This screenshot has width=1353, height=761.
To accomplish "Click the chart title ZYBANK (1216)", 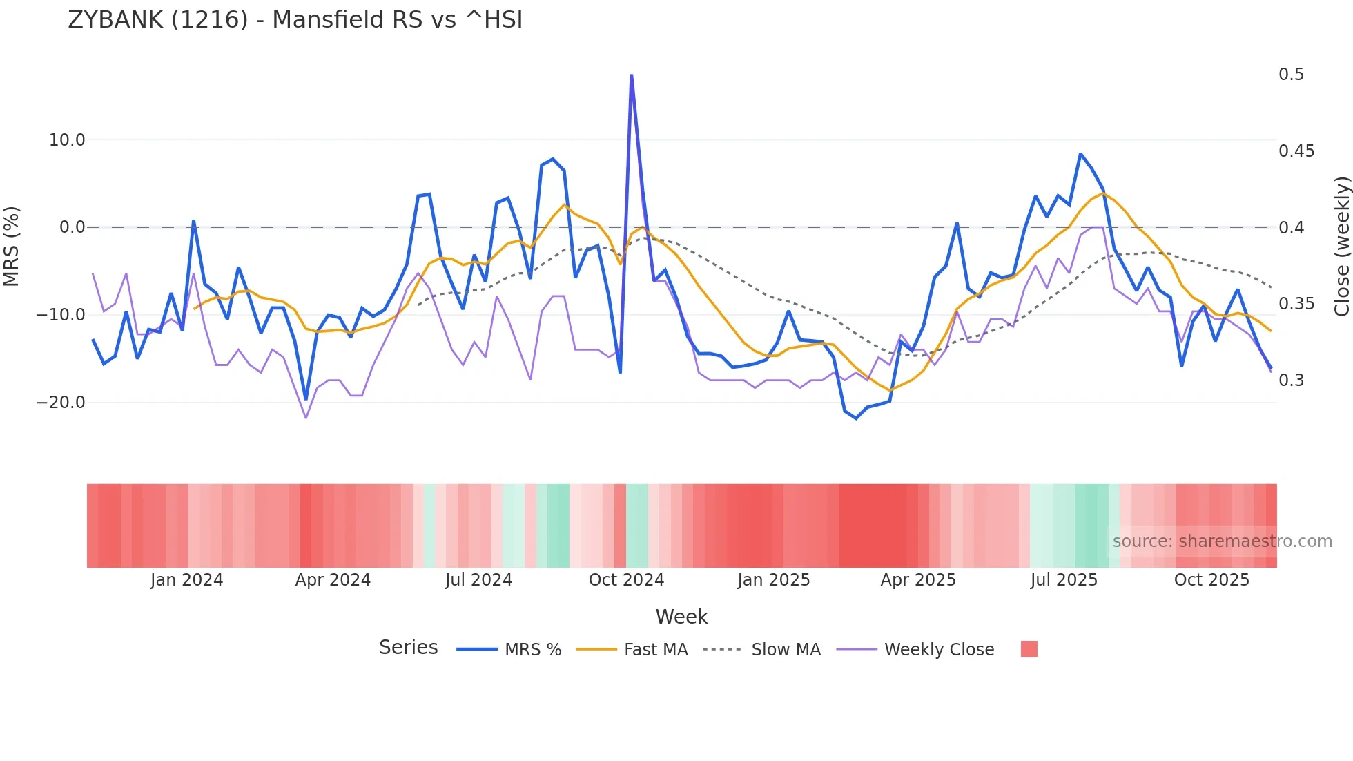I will click(295, 20).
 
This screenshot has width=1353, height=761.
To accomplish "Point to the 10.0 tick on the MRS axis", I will click(67, 140).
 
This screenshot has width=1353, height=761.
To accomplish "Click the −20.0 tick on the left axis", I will click(61, 403).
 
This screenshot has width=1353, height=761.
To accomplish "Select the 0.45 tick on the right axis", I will click(1296, 151).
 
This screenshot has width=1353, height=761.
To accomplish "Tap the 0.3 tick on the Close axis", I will click(1291, 380).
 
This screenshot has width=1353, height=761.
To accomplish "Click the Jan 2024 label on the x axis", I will click(186, 580).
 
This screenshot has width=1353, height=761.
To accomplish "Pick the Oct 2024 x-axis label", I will click(626, 580).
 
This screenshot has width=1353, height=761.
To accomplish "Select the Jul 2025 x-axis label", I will click(1064, 580).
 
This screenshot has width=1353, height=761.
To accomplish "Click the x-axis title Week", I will click(681, 617).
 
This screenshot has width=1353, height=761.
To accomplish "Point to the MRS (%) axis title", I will click(12, 247).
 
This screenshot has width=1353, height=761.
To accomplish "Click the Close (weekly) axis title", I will click(1341, 247).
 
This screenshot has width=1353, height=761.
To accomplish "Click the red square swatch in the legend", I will click(1029, 649).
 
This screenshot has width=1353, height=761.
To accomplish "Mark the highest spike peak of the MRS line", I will click(631, 75).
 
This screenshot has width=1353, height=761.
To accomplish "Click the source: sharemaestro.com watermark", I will click(1222, 541).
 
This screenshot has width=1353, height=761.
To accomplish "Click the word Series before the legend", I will click(408, 648).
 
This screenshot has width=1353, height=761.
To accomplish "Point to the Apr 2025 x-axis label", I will click(917, 580).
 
